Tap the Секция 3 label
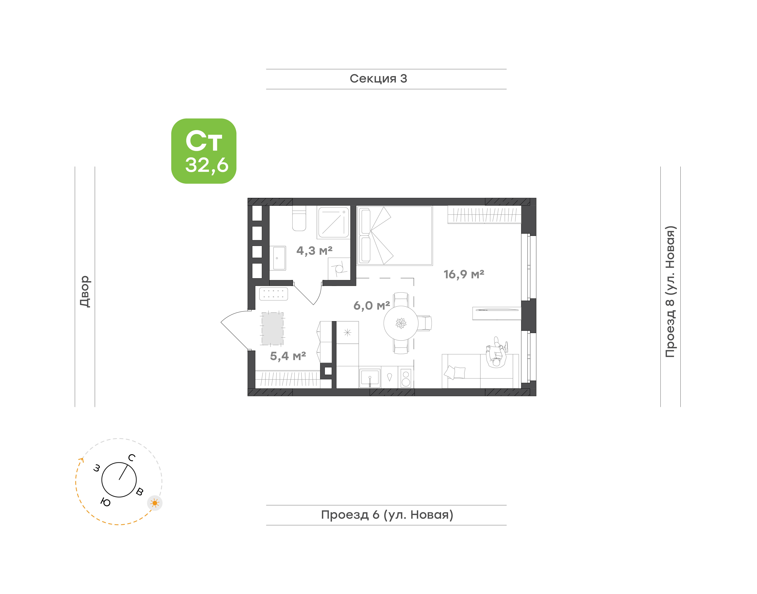point(378,79)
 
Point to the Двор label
point(85,291)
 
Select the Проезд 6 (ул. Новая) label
point(387,515)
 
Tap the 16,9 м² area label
point(464,274)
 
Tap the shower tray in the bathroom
point(333,222)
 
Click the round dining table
point(401,323)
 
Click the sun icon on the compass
point(155,503)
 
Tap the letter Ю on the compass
point(105,502)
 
